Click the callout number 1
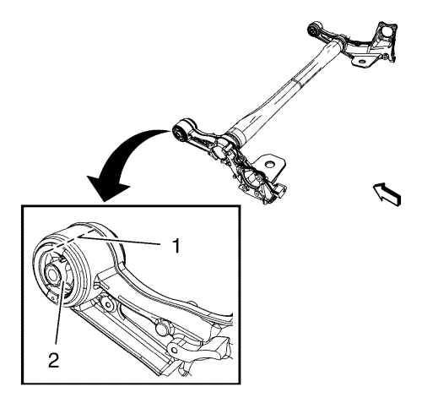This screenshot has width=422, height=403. click(x=176, y=245)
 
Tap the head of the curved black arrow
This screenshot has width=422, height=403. click(x=108, y=188)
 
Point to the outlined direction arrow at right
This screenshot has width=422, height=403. click(x=387, y=194)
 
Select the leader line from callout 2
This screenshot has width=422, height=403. click(x=61, y=312)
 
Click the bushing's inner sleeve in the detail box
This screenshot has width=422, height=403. click(x=52, y=273)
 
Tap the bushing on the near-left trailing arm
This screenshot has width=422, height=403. click(x=179, y=133)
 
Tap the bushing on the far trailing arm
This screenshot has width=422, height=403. click(x=312, y=30)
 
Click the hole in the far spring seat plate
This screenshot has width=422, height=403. click(x=362, y=62)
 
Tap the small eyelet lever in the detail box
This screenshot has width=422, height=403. click(x=176, y=348)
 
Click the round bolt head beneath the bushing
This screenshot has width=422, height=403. click(x=108, y=306)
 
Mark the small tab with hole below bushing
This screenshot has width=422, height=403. click(x=52, y=298)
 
